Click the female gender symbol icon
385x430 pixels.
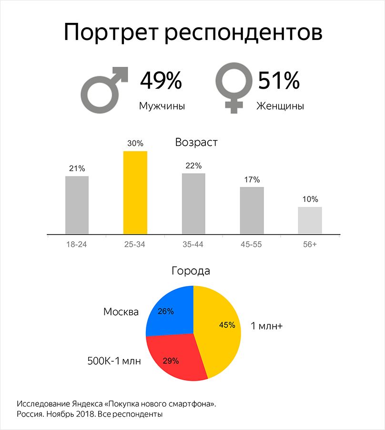(x=233, y=88)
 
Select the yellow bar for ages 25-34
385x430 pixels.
(x=135, y=193)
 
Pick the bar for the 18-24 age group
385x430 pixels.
(x=77, y=205)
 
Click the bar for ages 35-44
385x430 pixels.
(x=193, y=204)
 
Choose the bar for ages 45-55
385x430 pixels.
(x=252, y=210)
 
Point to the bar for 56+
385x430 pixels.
(x=310, y=220)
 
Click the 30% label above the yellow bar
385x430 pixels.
(x=135, y=143)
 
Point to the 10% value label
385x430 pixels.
(x=310, y=199)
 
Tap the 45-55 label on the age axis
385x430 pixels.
(x=252, y=244)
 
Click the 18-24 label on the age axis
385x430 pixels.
(x=77, y=244)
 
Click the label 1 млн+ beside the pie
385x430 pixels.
(x=267, y=327)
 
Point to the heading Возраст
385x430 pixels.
(x=196, y=143)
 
